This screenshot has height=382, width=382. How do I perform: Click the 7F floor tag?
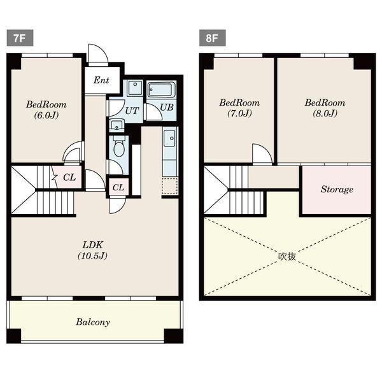coord(20,38)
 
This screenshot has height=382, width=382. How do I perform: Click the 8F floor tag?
coord(212,38)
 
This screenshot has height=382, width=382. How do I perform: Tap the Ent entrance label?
coord(101,80)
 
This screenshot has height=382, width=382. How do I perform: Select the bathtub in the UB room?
coord(161,90)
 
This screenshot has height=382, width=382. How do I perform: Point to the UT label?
coord(132,111)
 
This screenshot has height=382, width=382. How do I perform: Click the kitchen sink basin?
coord(169,138)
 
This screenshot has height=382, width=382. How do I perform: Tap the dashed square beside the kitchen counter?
coord(170,186)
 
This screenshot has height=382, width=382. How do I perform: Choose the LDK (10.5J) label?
coord(92,250)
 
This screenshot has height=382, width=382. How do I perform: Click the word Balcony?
coord(93,322)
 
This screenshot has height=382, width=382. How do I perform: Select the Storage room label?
coord(337,189)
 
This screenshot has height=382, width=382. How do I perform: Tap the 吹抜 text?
coord(287,257)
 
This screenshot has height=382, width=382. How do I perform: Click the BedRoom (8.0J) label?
coord(325,108)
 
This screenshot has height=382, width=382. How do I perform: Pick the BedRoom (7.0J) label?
coord(239,108)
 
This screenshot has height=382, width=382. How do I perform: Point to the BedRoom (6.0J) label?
coord(46,110)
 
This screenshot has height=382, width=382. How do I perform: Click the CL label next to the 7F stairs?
coord(69,178)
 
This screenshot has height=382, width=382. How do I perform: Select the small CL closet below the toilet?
coord(118,187)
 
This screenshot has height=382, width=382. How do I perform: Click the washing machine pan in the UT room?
coord(134,88)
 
